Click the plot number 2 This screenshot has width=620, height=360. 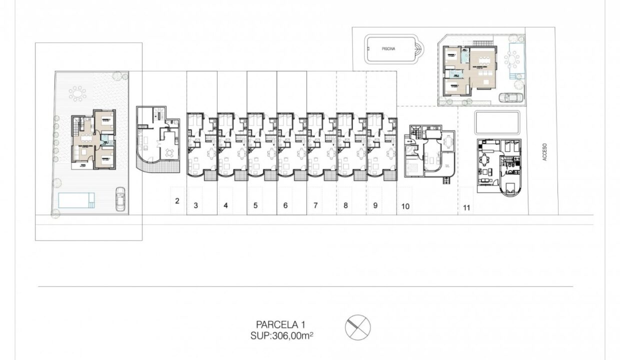pyautogui.click(x=177, y=201)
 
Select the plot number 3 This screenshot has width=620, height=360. pyautogui.click(x=196, y=205)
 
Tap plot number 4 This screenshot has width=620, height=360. pyautogui.click(x=226, y=205)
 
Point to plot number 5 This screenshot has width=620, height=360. pyautogui.click(x=255, y=205)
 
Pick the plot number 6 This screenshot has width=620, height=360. pyautogui.click(x=285, y=205)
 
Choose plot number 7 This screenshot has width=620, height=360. pyautogui.click(x=315, y=205)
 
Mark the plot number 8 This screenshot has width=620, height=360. pyautogui.click(x=345, y=205)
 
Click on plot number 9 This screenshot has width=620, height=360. pyautogui.click(x=375, y=205)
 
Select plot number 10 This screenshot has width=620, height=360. pyautogui.click(x=405, y=206)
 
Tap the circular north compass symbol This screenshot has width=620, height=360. pyautogui.click(x=358, y=327)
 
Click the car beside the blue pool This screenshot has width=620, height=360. pyautogui.click(x=120, y=198)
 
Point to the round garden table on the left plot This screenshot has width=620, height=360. pyautogui.click(x=78, y=93)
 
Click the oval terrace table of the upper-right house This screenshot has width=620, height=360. pyautogui.click(x=512, y=61)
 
